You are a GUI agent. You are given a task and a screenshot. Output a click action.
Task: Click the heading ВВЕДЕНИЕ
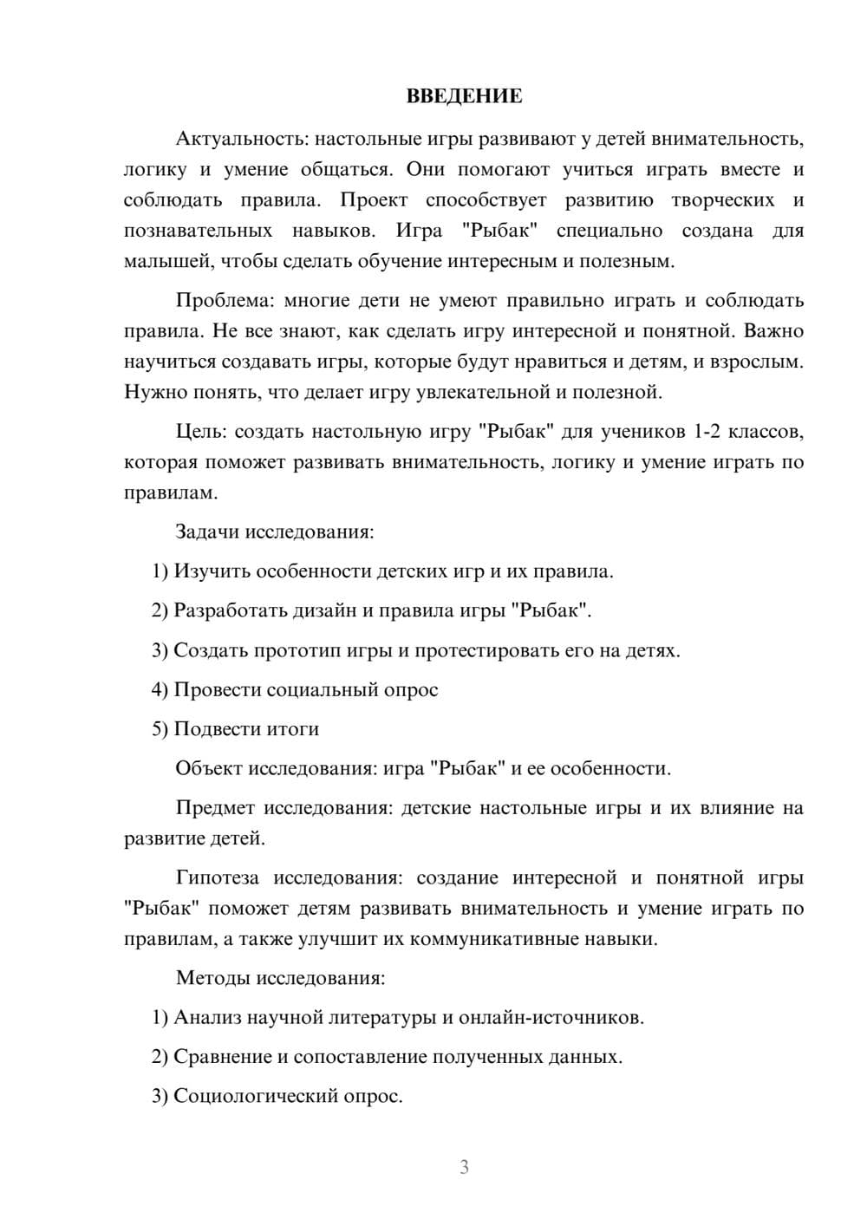(464, 96)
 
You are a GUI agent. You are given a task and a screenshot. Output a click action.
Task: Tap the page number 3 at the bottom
(464, 1167)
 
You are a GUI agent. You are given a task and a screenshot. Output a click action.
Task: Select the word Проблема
(224, 301)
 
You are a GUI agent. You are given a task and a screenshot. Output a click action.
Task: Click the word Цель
(200, 432)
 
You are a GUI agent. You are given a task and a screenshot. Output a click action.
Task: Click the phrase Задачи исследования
(274, 531)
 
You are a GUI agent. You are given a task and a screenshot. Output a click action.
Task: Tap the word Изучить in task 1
(212, 571)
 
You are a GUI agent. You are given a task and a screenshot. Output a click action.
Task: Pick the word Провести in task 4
(217, 690)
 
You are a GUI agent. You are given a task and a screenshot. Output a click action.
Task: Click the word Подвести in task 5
(217, 729)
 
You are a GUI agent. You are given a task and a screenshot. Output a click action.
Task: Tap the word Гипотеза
(218, 877)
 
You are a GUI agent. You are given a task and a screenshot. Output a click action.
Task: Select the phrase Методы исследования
(279, 978)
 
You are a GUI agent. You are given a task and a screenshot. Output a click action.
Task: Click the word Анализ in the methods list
(207, 1018)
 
